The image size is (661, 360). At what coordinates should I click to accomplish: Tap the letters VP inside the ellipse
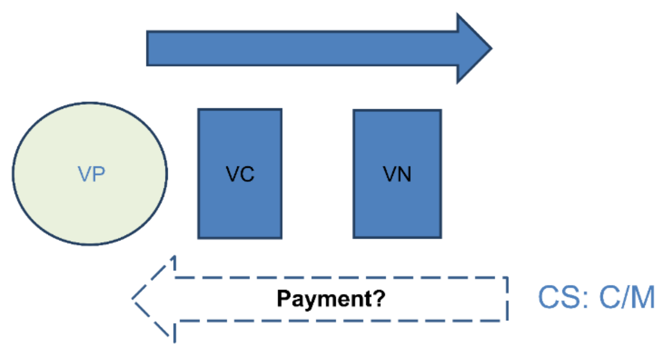coord(91,174)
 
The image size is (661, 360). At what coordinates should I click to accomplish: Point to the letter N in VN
coord(404,174)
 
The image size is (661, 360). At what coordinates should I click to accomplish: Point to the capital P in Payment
coord(284,298)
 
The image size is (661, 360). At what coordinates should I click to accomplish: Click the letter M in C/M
coord(642,297)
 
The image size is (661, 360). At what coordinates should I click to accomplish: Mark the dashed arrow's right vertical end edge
coord(507,299)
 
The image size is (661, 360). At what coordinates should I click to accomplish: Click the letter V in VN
coord(390,174)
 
